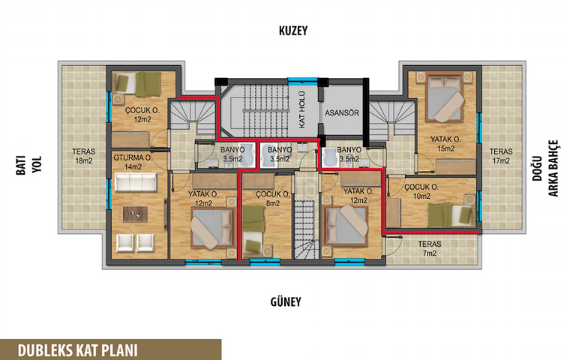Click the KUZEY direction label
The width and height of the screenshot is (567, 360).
point(293,31)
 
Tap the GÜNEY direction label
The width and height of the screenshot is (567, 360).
point(286,301)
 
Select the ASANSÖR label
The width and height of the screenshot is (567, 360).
point(342,112)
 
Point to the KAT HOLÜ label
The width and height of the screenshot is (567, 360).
point(302,109)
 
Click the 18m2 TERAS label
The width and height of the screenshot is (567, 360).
point(83,156)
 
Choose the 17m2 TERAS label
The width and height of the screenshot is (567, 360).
point(501,156)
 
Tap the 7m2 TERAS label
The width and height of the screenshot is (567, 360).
point(430,249)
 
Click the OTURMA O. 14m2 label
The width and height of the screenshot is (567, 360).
point(133,162)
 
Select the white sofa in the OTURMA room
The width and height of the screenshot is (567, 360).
point(136,181)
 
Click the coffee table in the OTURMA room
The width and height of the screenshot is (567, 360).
point(135,214)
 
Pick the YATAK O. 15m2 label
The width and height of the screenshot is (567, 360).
point(445,143)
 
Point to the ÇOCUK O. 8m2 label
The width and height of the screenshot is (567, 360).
point(273,199)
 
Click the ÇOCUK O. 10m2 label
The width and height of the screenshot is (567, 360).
point(421,191)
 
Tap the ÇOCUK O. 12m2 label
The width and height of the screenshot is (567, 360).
point(142,115)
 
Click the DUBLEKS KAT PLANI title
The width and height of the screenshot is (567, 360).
point(77,350)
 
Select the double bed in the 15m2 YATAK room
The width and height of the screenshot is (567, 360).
point(445,97)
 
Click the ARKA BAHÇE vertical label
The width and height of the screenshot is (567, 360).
point(553,169)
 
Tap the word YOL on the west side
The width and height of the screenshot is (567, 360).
point(37,165)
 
